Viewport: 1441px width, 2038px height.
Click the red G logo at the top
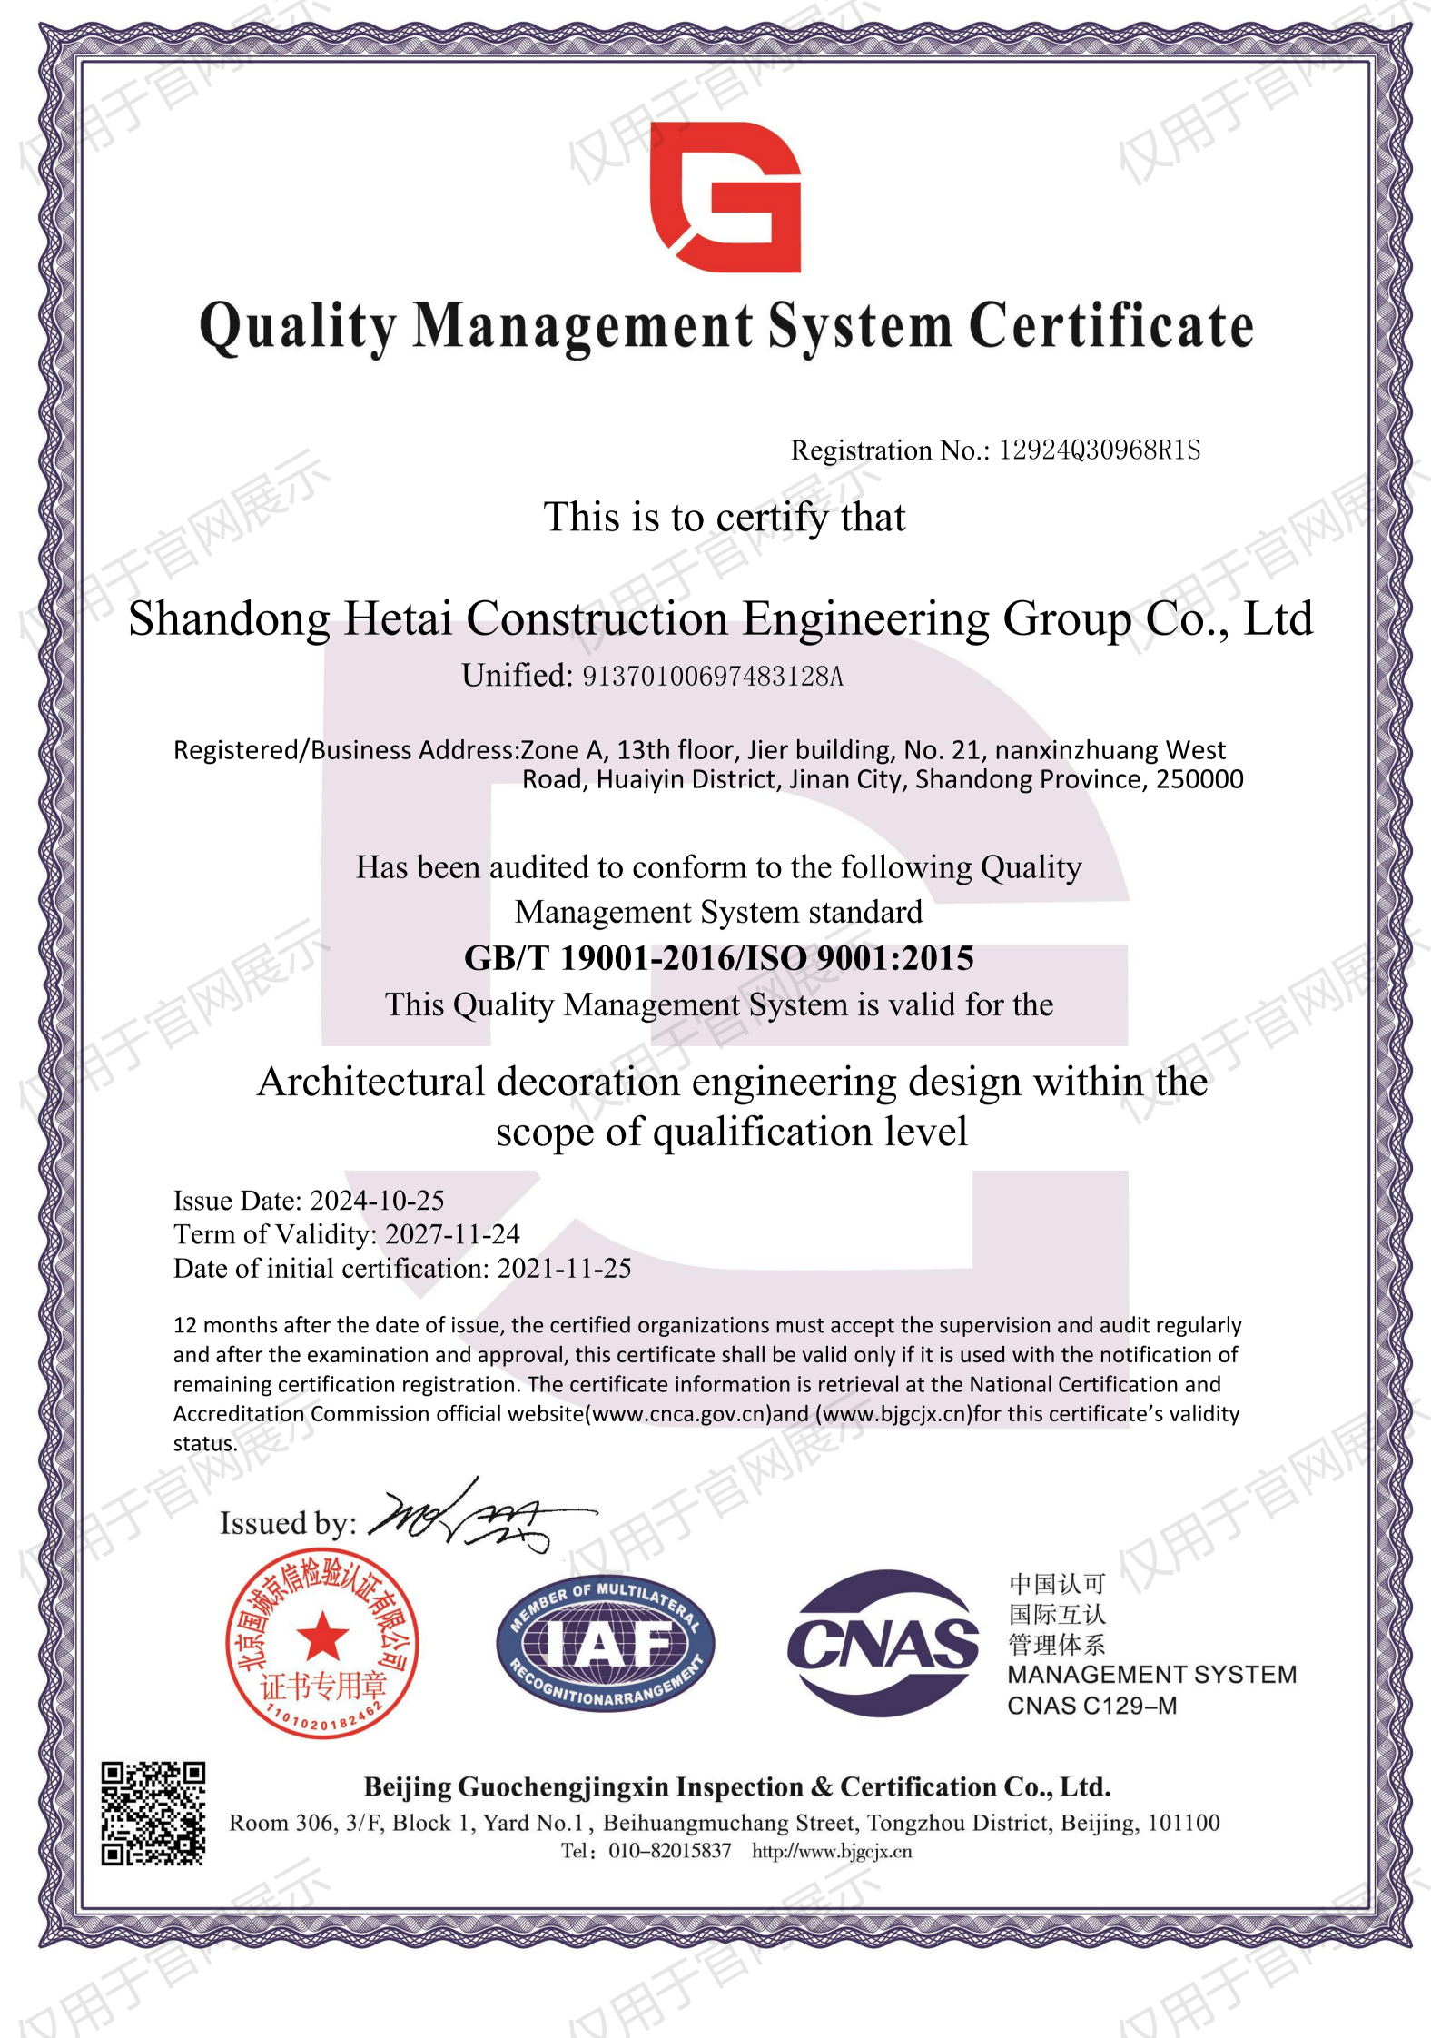pos(725,197)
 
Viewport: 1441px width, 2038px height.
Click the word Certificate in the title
pos(1111,327)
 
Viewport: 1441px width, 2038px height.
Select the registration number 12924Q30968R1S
pos(1099,450)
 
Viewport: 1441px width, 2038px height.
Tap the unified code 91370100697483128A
pos(712,677)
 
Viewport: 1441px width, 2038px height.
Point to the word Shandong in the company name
pos(229,619)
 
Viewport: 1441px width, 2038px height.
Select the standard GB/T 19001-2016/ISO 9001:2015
pos(718,958)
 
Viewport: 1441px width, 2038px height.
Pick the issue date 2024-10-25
pos(377,1201)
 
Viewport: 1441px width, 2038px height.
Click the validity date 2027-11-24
pos(452,1234)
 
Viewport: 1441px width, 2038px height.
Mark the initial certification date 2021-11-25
pos(564,1268)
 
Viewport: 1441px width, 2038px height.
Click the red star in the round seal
pos(322,1637)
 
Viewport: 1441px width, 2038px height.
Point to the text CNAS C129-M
pos(1091,1706)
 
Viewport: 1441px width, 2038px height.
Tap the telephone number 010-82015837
pos(669,1851)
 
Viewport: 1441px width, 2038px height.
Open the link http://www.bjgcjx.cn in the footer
pos(831,1851)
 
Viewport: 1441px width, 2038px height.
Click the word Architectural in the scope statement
pos(371,1083)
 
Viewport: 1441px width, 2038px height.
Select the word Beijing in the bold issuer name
pos(407,1787)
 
